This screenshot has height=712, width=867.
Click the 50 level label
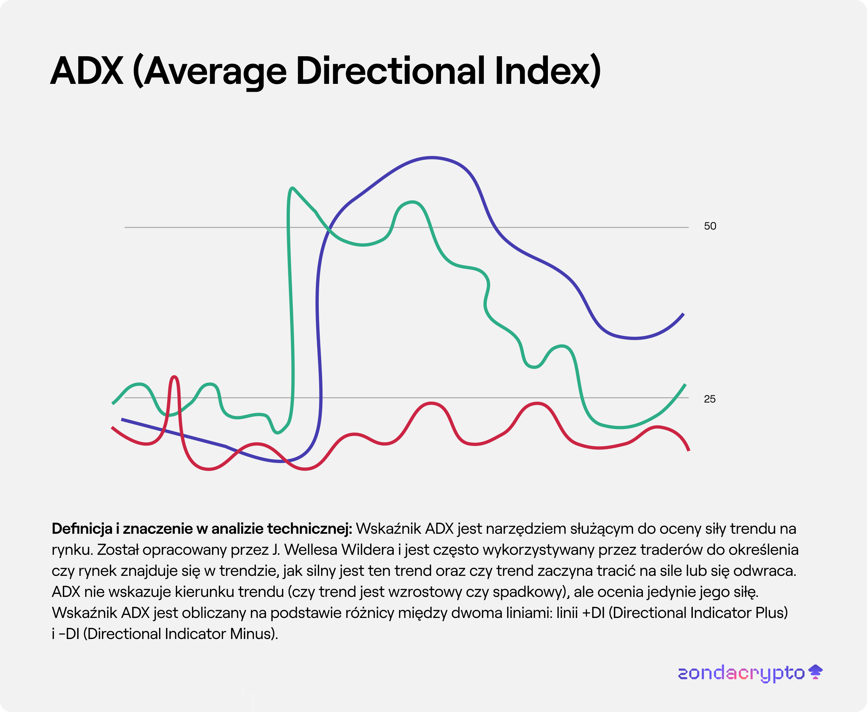pyautogui.click(x=710, y=226)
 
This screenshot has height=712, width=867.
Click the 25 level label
pyautogui.click(x=709, y=399)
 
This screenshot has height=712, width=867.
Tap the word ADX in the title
pyautogui.click(x=87, y=71)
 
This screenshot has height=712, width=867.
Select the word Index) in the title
pyautogui.click(x=548, y=71)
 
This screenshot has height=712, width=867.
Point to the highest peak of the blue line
pyautogui.click(x=431, y=158)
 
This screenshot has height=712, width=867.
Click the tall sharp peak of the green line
pyautogui.click(x=292, y=189)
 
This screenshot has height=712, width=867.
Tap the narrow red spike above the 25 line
pyautogui.click(x=175, y=377)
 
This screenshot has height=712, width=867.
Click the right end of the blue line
pyautogui.click(x=683, y=314)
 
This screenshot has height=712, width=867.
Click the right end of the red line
pyautogui.click(x=688, y=450)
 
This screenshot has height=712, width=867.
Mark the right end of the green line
pyautogui.click(x=685, y=385)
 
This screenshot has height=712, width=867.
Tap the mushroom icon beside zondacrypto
pyautogui.click(x=815, y=672)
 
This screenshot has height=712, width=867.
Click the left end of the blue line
pyautogui.click(x=123, y=420)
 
